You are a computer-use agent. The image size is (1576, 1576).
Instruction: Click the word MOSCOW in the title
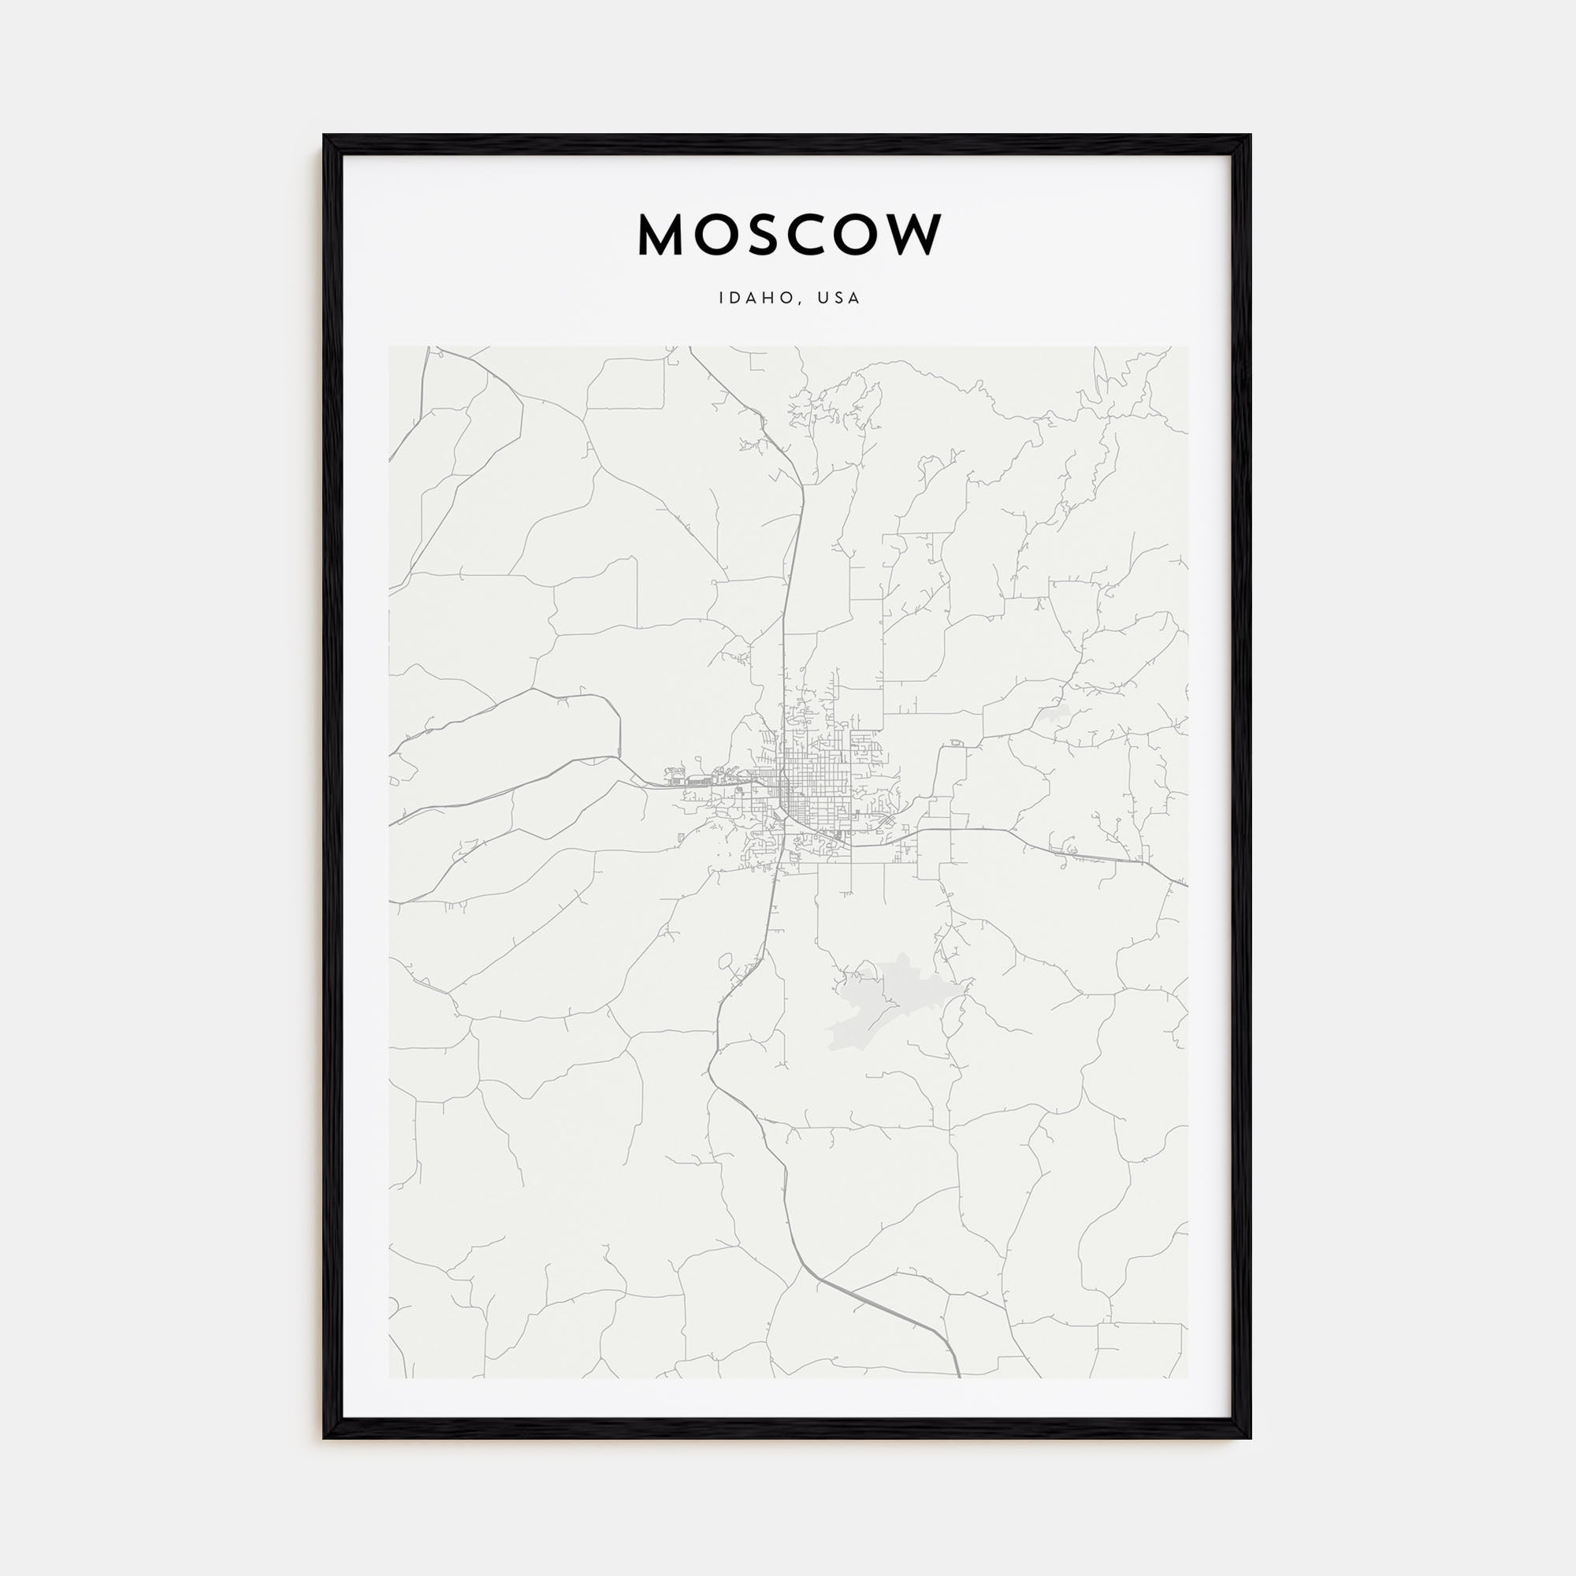789,235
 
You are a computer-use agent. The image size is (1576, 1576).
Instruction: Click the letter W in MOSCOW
912,235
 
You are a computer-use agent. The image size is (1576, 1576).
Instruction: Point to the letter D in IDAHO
737,299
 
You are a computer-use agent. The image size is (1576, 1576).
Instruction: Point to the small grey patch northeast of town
1057,715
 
